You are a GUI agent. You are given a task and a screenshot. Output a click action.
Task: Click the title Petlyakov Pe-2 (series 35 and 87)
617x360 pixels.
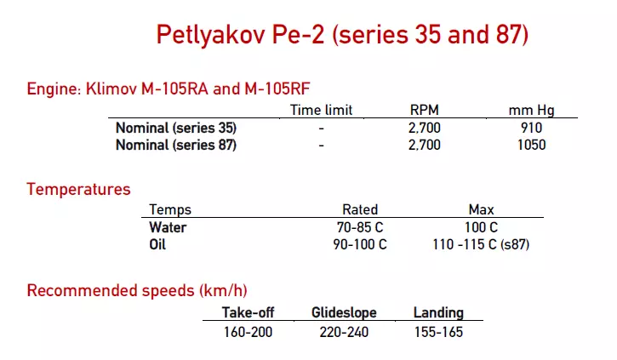[342, 35]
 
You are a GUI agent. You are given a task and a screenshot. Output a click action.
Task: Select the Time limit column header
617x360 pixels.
[321, 110]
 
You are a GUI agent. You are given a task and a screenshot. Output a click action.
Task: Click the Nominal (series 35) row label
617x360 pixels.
[176, 128]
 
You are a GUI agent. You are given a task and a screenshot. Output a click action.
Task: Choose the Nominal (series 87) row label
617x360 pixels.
[176, 145]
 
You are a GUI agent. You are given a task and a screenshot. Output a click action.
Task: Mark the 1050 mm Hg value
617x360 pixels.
[530, 145]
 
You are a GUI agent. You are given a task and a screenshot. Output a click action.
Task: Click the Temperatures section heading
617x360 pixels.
[79, 189]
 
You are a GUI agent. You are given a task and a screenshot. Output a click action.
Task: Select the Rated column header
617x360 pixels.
[360, 209]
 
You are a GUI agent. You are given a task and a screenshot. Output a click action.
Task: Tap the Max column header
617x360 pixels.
[482, 209]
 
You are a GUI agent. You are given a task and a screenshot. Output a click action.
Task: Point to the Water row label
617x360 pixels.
[168, 227]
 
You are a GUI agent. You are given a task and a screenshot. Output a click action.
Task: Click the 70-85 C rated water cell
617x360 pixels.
[360, 227]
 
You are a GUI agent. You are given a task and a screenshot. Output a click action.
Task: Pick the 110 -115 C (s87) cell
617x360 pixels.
[482, 244]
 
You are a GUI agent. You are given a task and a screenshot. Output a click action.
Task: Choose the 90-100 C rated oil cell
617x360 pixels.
[360, 244]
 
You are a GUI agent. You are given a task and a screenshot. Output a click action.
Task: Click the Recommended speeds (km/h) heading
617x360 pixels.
[137, 291]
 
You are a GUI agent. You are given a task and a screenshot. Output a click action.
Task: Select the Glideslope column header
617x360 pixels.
[344, 313]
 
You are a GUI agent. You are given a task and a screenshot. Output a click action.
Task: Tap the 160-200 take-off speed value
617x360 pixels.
[248, 331]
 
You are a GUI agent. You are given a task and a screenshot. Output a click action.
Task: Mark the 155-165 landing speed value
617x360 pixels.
[438, 331]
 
